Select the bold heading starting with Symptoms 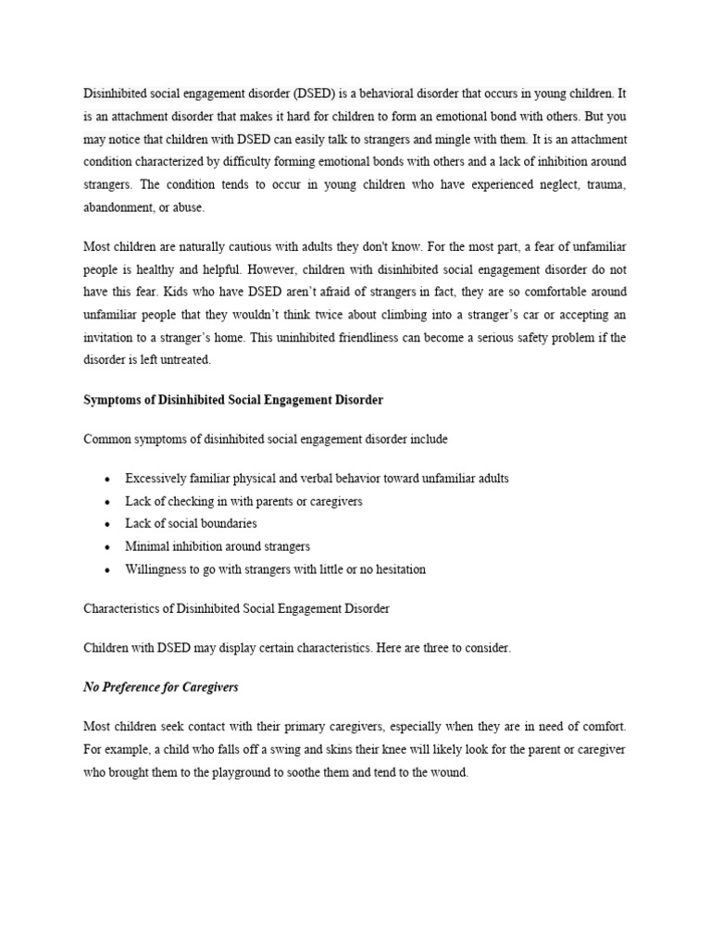(233, 400)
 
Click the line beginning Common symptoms (266, 439)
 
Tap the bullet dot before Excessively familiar (108, 480)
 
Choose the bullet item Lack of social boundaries (192, 524)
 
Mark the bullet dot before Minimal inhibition (108, 547)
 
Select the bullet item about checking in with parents (243, 501)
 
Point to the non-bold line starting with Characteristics (236, 609)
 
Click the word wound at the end (449, 773)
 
